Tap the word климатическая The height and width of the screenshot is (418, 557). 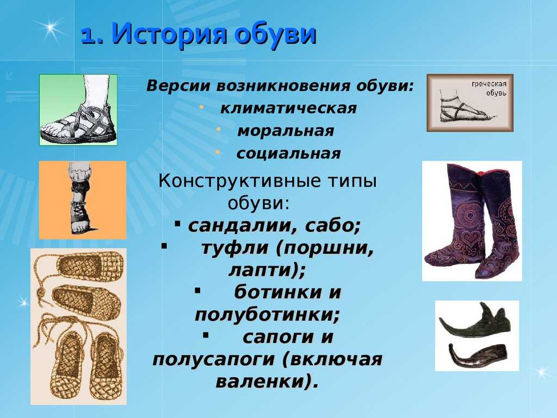pos(288,108)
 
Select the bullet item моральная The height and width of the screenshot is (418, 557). pos(286,131)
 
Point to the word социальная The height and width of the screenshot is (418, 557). pos(288,153)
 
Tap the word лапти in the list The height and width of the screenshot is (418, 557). pos(263,271)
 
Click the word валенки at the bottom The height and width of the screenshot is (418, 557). pos(262,382)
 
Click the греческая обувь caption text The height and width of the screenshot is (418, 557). pos(489,89)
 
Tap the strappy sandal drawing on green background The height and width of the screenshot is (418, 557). pos(78,110)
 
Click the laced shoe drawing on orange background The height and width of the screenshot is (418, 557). pos(83,200)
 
